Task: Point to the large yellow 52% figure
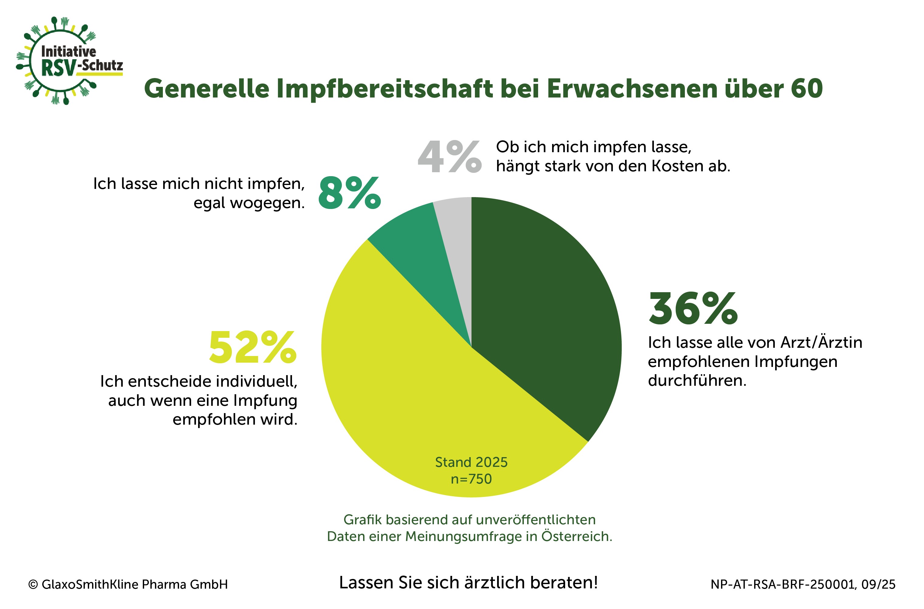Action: click(x=252, y=347)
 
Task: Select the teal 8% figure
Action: click(x=349, y=193)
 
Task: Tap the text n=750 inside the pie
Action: click(x=471, y=479)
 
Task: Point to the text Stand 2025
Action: click(x=471, y=462)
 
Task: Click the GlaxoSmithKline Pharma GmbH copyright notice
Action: click(x=128, y=584)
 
